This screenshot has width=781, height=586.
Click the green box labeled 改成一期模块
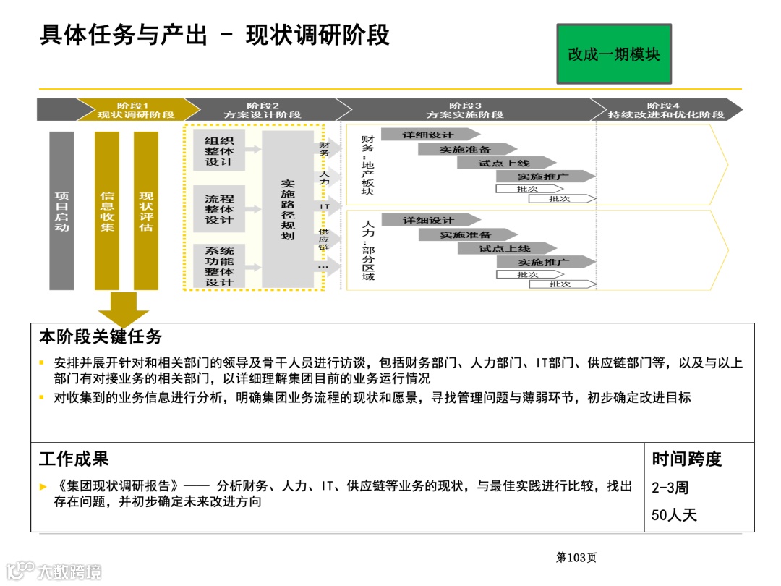(x=613, y=54)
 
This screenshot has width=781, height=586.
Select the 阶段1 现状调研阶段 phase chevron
(x=136, y=110)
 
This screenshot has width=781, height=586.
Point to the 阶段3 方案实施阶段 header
(x=464, y=110)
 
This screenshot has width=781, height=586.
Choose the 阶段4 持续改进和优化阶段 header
(x=665, y=110)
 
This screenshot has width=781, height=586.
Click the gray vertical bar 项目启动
(x=61, y=211)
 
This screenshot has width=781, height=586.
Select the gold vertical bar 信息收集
(x=107, y=211)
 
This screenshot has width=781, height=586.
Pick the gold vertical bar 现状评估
(x=146, y=211)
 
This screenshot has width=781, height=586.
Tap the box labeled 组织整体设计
(x=219, y=151)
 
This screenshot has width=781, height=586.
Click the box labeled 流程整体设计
(x=219, y=209)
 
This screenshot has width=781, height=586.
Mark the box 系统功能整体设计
(x=219, y=266)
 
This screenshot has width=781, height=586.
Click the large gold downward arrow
(x=124, y=309)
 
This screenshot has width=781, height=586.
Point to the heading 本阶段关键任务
(x=101, y=337)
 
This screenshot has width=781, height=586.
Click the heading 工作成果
(x=74, y=459)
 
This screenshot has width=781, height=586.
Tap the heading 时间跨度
(x=686, y=459)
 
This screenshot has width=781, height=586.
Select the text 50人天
(x=673, y=516)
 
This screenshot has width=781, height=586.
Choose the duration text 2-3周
(x=670, y=488)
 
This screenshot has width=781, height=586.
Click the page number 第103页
(x=576, y=557)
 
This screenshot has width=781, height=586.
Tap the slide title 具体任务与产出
(x=123, y=35)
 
